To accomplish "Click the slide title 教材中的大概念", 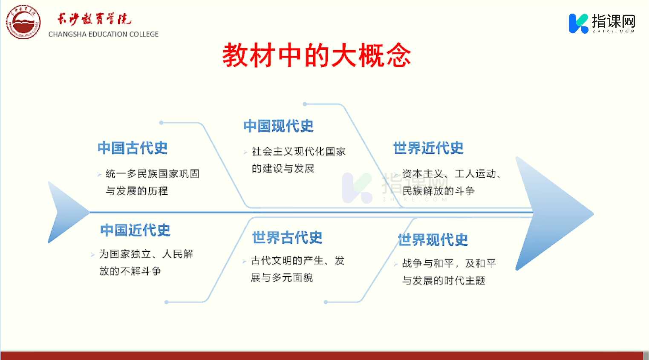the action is pos(317,55).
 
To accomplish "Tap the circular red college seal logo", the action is pos(23,22).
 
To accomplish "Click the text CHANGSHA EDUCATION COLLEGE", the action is pos(104,34).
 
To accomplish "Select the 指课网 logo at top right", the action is pos(602,23).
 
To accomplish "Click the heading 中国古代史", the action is pos(133,148).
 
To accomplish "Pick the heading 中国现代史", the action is pos(278,126).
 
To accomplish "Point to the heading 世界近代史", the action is pos(429,148).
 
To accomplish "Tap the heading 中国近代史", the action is pos(136,230).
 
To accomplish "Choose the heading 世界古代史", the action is pos(287,237).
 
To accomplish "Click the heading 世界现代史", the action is pos(433,240).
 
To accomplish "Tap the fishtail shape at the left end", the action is pos(68,212).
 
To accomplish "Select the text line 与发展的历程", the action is pos(137,191).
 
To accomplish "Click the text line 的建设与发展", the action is pos(283,168).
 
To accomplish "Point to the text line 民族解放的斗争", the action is pos(438,191).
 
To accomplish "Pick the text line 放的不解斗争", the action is pos(130,271).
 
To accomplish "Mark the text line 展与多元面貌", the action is pos(282,278).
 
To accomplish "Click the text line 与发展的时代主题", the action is pos(444,280).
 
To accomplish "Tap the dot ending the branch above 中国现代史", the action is pos(305,104).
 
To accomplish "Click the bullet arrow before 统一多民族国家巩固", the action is pos(99,174).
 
